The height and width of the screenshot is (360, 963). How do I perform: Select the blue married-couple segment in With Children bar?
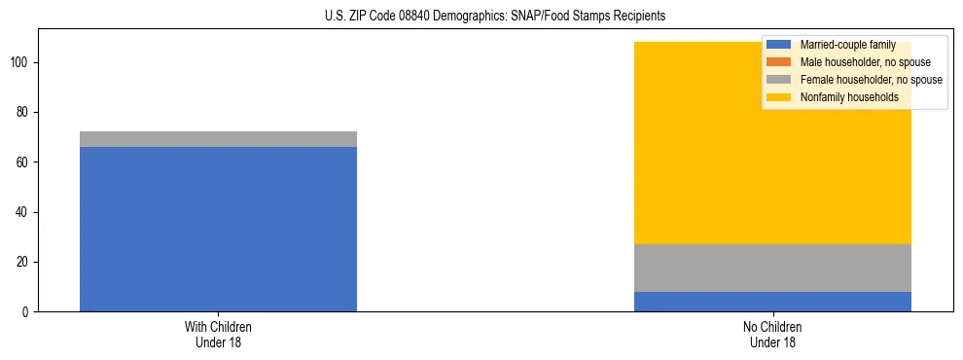pyautogui.click(x=218, y=229)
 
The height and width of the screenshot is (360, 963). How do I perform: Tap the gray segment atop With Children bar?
pyautogui.click(x=218, y=139)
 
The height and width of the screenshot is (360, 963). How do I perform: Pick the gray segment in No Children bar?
pyautogui.click(x=772, y=268)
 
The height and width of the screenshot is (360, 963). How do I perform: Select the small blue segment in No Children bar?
pyautogui.click(x=772, y=302)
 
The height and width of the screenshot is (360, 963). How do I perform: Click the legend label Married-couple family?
pyautogui.click(x=847, y=45)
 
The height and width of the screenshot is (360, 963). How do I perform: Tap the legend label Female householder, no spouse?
pyautogui.click(x=871, y=80)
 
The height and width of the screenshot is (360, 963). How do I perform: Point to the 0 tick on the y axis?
pyautogui.click(x=27, y=312)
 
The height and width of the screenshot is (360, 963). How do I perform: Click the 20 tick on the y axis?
pyautogui.click(x=24, y=262)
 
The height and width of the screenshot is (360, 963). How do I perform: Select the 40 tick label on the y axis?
pyautogui.click(x=24, y=212)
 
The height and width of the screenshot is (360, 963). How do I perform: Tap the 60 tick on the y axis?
pyautogui.click(x=24, y=162)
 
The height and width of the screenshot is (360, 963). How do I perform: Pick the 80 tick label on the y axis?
pyautogui.click(x=24, y=113)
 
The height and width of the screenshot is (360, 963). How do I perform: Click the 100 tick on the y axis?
pyautogui.click(x=21, y=62)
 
